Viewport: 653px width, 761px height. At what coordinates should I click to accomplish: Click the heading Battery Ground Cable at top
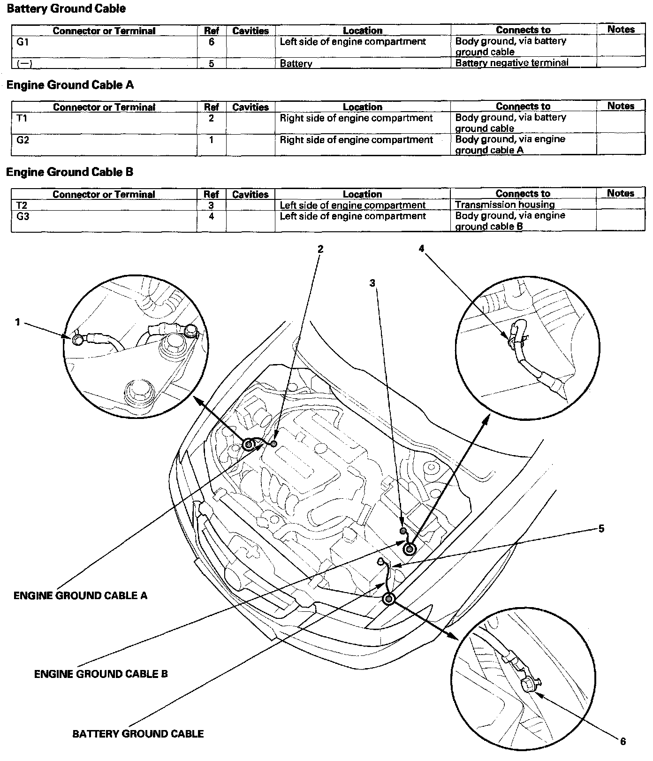pyautogui.click(x=66, y=8)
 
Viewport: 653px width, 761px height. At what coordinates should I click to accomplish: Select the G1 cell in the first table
pyautogui.click(x=23, y=42)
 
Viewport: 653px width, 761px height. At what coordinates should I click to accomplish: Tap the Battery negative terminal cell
pyautogui.click(x=512, y=63)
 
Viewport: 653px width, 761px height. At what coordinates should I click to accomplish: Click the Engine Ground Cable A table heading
pyautogui.click(x=70, y=85)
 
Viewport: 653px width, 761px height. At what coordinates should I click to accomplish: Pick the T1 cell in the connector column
pyautogui.click(x=22, y=118)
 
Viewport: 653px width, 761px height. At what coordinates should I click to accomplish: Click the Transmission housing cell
pyautogui.click(x=505, y=205)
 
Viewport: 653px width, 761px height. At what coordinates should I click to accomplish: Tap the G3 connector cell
pyautogui.click(x=23, y=216)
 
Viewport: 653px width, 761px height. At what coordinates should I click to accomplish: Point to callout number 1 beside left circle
pyautogui.click(x=18, y=322)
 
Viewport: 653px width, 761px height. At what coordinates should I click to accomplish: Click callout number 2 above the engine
pyautogui.click(x=320, y=249)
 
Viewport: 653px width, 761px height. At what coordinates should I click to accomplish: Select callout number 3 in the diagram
pyautogui.click(x=372, y=283)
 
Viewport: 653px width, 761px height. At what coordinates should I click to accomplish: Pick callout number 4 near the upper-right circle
pyautogui.click(x=421, y=249)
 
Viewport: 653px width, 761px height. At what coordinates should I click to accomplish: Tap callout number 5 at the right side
pyautogui.click(x=601, y=529)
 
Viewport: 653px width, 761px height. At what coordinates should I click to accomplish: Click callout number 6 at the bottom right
pyautogui.click(x=623, y=741)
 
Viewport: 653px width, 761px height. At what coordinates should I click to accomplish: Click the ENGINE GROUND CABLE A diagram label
pyautogui.click(x=80, y=596)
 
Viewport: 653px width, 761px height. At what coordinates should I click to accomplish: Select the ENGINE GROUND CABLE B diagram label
pyautogui.click(x=101, y=674)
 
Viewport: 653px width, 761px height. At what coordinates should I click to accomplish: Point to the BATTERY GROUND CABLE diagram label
pyautogui.click(x=138, y=734)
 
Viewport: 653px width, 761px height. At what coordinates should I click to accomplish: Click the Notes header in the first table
pyautogui.click(x=621, y=30)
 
